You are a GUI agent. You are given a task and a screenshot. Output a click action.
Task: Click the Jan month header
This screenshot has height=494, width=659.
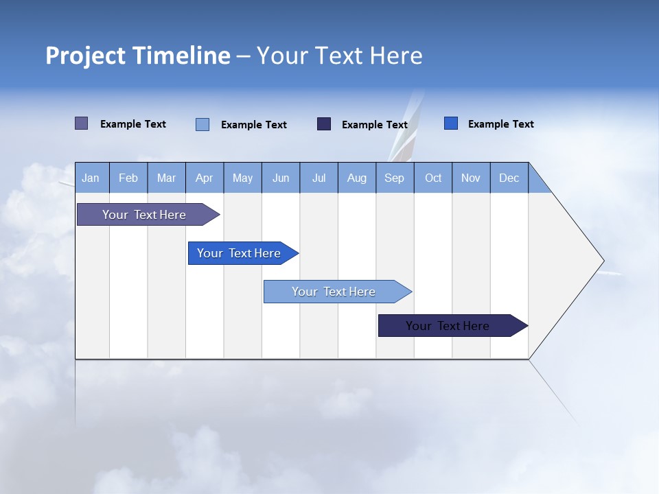(91, 178)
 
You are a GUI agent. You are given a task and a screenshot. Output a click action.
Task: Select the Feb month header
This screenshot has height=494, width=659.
(128, 178)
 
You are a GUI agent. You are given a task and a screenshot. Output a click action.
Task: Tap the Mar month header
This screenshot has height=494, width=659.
(166, 178)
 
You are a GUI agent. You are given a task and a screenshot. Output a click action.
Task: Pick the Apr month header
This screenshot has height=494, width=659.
(205, 178)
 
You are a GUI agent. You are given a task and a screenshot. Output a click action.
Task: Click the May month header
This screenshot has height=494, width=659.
(242, 178)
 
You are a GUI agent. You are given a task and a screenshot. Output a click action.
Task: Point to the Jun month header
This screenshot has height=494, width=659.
(281, 178)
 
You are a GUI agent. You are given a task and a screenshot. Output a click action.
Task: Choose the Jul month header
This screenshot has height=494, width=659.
(319, 178)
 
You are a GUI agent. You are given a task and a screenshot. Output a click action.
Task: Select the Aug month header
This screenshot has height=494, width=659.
(357, 178)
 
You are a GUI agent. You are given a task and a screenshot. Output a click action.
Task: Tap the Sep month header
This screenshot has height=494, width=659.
(395, 178)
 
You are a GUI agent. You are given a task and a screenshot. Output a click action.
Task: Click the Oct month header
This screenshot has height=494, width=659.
(433, 178)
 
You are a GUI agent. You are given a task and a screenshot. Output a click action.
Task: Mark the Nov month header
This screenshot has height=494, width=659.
(471, 178)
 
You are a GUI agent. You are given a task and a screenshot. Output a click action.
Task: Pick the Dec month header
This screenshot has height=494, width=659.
(509, 178)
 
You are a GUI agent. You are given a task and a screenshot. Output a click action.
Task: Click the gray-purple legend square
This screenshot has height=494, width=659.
(81, 123)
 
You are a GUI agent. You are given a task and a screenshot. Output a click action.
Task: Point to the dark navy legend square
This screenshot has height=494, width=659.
(324, 124)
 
